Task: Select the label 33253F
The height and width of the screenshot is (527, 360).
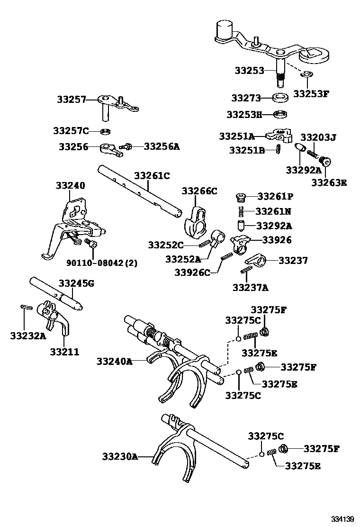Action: pos(310,93)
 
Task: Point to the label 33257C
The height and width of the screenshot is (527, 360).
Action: pos(72,130)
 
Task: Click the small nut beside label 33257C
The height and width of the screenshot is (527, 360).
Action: pos(107,131)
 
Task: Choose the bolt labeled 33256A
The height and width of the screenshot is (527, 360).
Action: pos(126,147)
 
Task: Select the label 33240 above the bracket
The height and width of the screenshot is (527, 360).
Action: pos(71,185)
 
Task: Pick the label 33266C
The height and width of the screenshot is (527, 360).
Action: pos(199,191)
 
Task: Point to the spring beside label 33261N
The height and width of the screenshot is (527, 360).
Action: pos(241,211)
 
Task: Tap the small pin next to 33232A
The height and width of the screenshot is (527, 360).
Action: pos(26,307)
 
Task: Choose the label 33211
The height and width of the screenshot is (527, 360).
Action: pos(64,352)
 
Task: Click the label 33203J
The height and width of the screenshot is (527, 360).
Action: pos(318,137)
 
